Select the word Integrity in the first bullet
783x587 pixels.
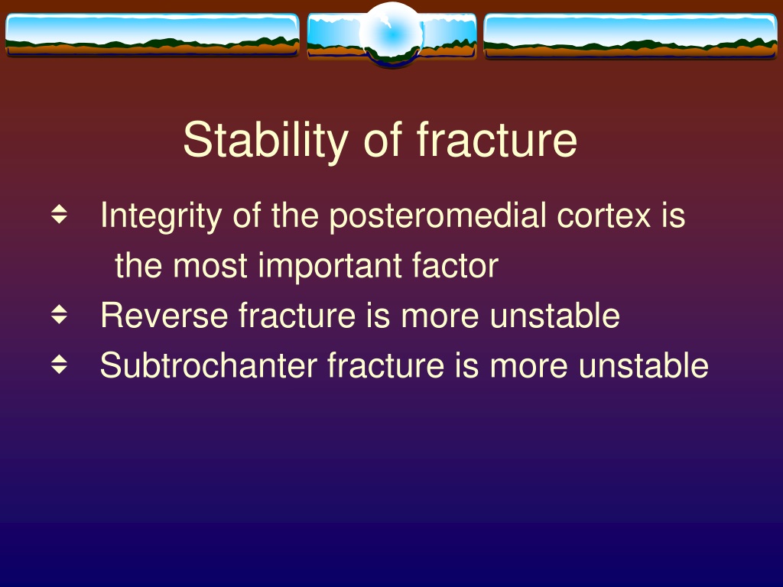point(161,216)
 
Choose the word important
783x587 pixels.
point(330,266)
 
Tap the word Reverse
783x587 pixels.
point(164,316)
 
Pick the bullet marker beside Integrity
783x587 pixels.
point(59,214)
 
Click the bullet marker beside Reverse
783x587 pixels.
point(59,314)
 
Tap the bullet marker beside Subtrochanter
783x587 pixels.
point(59,365)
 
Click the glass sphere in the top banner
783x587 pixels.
point(391,34)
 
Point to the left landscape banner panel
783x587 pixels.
point(152,35)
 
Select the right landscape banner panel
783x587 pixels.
point(630,36)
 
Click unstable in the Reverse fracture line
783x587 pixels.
point(555,316)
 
